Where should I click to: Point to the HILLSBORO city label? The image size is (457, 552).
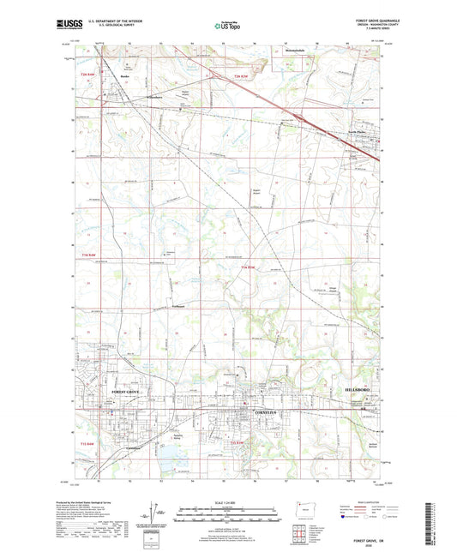click(x=357, y=387)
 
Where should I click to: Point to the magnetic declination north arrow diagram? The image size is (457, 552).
click(x=155, y=515)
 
